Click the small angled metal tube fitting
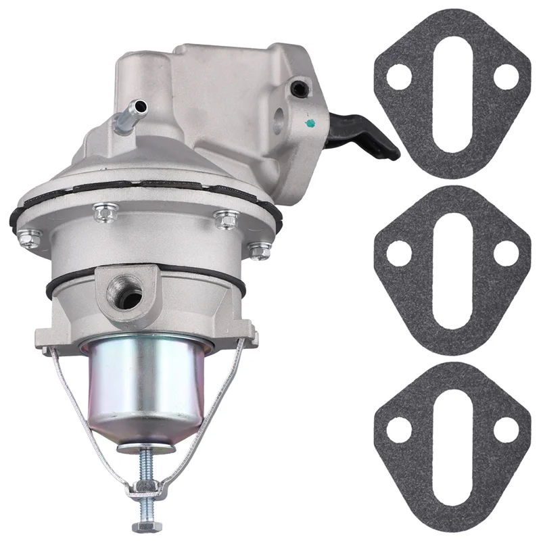click(x=128, y=115)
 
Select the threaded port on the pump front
click(x=128, y=293)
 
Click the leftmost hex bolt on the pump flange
click(x=29, y=238)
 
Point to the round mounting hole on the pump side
click(x=278, y=122)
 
